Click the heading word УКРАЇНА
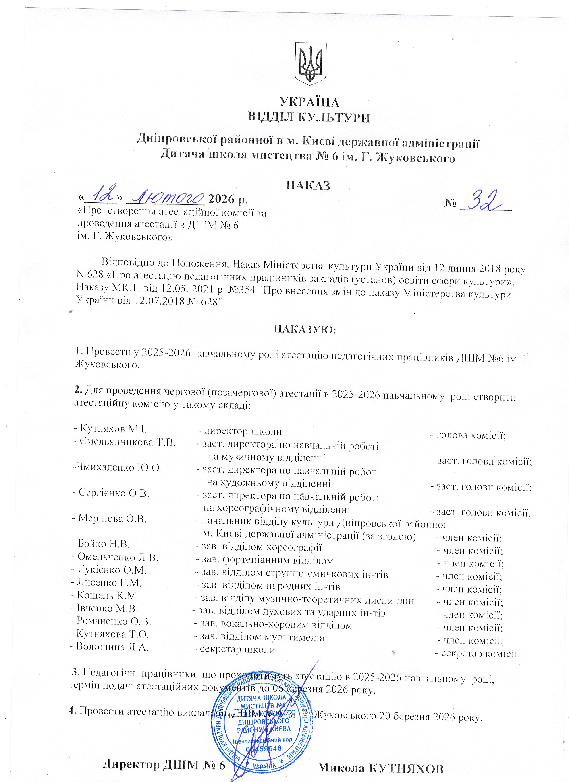click(309, 102)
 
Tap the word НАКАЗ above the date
click(308, 185)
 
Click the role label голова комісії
click(471, 435)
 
